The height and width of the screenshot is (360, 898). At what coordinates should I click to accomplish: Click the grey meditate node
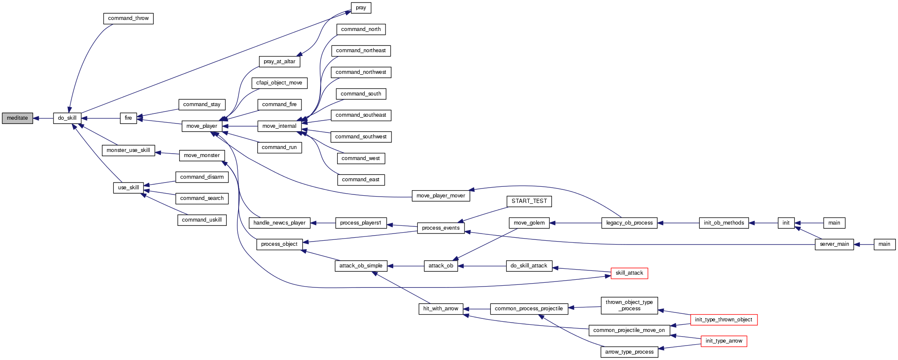[x=17, y=118]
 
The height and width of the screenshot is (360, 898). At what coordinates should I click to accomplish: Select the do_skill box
[x=67, y=118]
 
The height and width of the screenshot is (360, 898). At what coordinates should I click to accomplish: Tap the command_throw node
[x=128, y=19]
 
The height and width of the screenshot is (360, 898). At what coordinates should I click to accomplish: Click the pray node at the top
[x=361, y=8]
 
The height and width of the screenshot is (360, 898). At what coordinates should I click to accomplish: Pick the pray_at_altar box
[x=279, y=62]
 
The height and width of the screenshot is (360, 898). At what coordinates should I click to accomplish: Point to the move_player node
[x=202, y=126]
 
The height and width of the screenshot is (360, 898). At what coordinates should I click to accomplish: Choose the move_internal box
[x=279, y=126]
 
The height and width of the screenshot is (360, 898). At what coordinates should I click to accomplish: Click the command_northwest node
[x=361, y=73]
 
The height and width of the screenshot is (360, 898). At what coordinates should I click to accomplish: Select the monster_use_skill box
[x=128, y=150]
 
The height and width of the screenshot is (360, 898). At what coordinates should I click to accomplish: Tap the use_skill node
[x=128, y=188]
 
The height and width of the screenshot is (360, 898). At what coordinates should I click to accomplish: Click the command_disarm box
[x=202, y=177]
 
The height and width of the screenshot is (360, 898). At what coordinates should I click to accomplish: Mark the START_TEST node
[x=529, y=201]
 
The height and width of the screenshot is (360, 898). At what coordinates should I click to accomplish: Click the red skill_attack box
[x=629, y=273]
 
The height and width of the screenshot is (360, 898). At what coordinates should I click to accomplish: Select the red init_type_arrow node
[x=723, y=341]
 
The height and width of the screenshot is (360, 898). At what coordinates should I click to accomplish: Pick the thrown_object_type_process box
[x=629, y=306]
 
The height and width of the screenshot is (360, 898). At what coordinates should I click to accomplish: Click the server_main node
[x=834, y=245]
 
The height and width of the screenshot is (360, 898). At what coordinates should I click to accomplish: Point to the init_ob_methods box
[x=723, y=223]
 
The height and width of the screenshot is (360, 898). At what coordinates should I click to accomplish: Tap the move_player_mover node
[x=441, y=196]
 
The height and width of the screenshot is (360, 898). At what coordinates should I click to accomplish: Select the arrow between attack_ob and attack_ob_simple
[x=405, y=266]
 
